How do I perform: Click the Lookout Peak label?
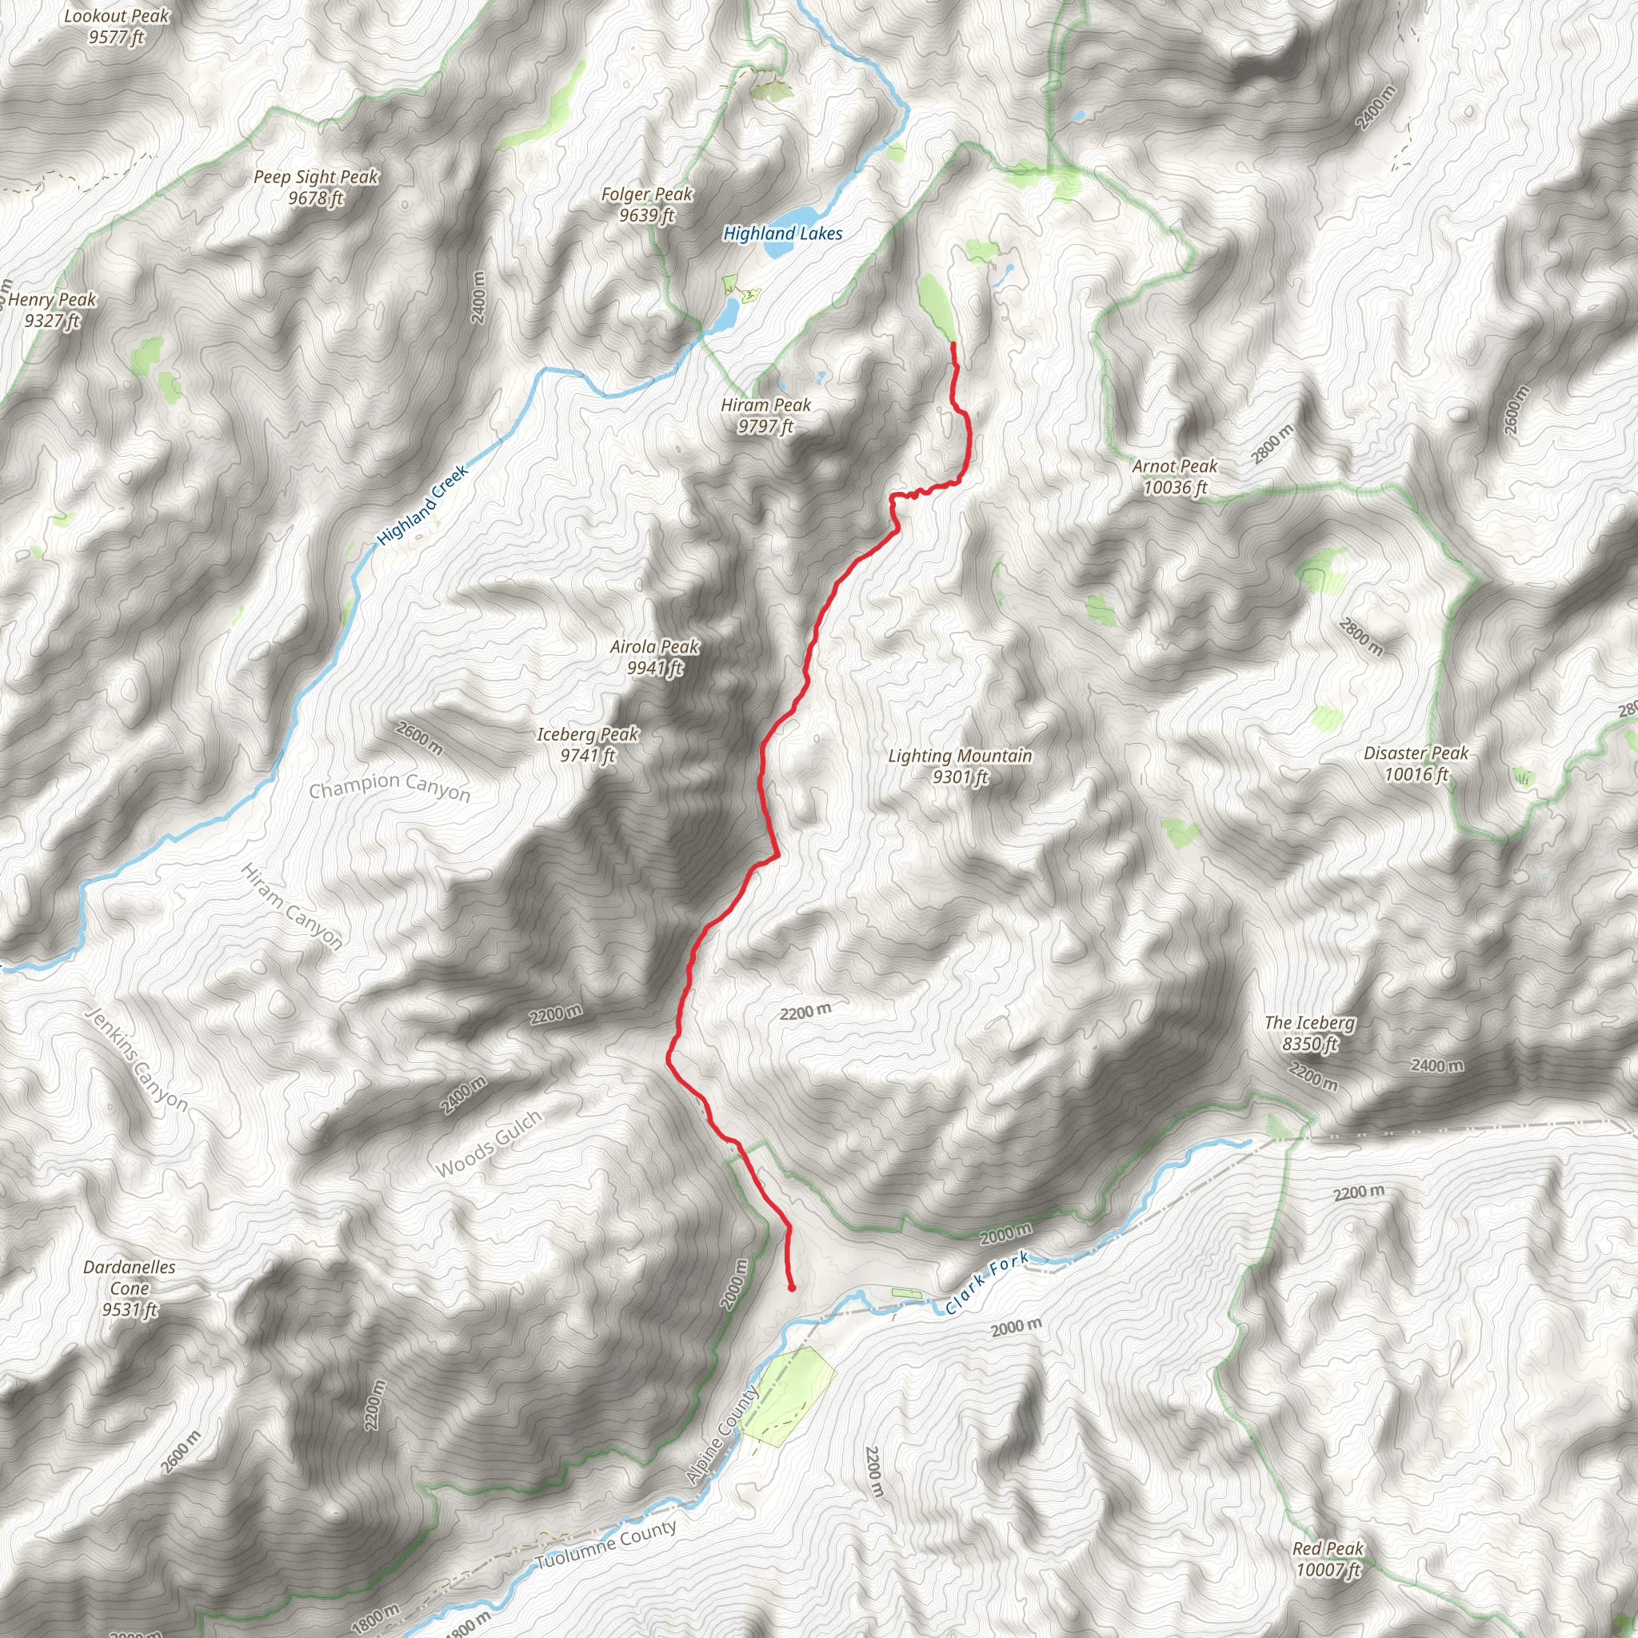(x=117, y=26)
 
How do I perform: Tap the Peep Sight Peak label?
(x=316, y=187)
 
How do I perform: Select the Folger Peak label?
(x=647, y=204)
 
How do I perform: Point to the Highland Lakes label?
(x=782, y=234)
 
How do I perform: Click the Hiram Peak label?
(x=765, y=415)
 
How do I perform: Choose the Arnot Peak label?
(x=1174, y=477)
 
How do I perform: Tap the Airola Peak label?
(x=654, y=657)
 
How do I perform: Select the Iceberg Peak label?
(x=588, y=745)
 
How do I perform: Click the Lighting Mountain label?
(x=960, y=765)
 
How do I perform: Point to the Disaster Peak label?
(x=1416, y=763)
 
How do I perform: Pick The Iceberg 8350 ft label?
(x=1310, y=1033)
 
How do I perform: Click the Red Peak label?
(x=1328, y=1558)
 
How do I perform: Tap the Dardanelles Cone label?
(x=130, y=1288)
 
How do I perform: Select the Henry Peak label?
(x=53, y=310)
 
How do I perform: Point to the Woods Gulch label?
(x=489, y=1144)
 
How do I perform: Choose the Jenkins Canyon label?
(x=137, y=1059)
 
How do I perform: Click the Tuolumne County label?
(x=607, y=1544)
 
